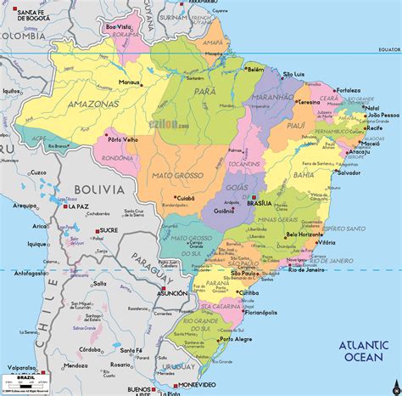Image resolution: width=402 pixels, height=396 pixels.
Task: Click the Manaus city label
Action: [x=130, y=82]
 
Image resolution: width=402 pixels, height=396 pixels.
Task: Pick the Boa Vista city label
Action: [x=120, y=27]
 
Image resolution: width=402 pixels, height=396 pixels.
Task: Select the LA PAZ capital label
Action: [x=79, y=206]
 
